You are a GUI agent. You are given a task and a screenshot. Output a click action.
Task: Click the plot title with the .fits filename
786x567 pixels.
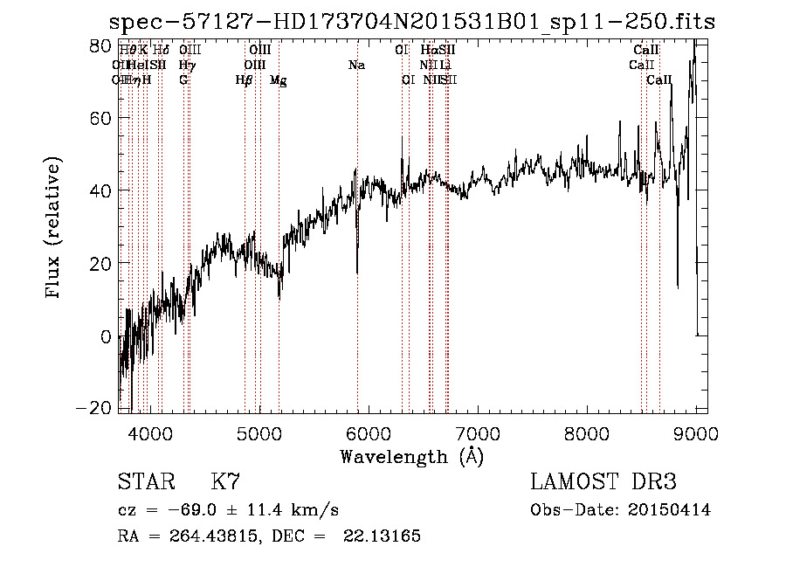point(411,22)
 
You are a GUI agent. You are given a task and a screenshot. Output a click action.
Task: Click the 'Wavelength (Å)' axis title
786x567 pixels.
point(411,455)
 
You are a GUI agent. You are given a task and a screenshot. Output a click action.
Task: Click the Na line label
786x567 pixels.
point(356,65)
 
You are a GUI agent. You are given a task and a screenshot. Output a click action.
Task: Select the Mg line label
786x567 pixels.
point(279,80)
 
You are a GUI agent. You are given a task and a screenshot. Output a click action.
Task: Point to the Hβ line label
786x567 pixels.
point(245,80)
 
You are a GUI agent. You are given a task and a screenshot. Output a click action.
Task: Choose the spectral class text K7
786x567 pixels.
point(225,482)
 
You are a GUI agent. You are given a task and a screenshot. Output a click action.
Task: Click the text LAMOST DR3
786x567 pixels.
point(603,482)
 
